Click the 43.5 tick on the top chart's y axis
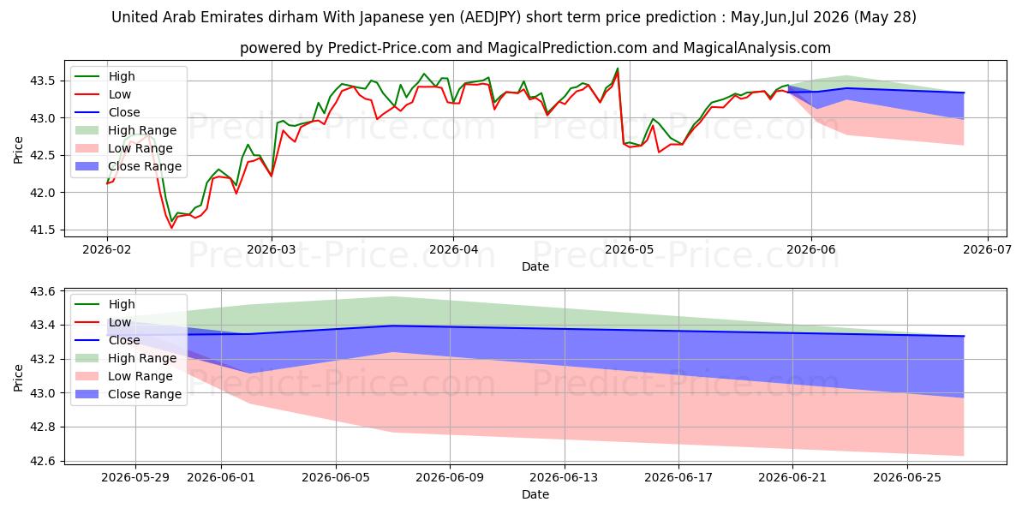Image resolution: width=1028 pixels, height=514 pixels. point(42,81)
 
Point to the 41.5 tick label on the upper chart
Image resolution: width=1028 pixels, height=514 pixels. point(42,230)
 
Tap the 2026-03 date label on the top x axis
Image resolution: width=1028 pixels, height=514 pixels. point(272,249)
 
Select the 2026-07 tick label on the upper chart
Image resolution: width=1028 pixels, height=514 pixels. point(987,249)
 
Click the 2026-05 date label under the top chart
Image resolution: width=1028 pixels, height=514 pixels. point(630,249)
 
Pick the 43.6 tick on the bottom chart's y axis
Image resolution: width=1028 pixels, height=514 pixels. point(42,291)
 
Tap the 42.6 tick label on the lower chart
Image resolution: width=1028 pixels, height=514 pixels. point(42,461)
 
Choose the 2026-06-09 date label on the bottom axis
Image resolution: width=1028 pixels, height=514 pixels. point(450,478)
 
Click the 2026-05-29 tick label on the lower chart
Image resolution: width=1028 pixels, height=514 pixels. point(135,478)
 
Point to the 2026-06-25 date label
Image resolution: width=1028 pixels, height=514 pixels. point(907,478)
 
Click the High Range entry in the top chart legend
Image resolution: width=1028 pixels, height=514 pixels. point(142,130)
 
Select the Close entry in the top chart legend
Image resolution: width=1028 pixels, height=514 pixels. point(124,112)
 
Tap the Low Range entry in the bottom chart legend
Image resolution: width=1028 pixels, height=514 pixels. point(140,376)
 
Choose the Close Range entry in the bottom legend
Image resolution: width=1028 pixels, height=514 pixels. point(145,394)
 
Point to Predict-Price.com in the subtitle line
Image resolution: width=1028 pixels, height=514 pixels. point(389,48)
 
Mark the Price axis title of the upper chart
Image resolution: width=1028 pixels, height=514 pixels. point(18,150)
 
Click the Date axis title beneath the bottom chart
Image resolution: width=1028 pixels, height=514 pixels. point(535,494)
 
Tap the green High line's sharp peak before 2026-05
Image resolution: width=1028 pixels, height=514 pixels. point(618,69)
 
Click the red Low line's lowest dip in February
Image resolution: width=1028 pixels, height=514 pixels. point(171,228)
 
